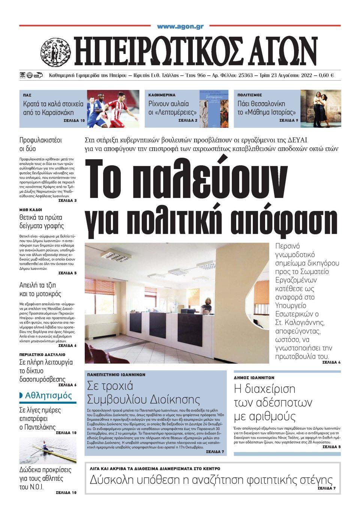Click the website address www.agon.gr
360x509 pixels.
180,27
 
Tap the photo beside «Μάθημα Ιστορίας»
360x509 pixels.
320,108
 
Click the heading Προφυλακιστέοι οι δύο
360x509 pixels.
40,144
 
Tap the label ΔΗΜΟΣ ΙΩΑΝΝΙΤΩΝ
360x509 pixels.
255,377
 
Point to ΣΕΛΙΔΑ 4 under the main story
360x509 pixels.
331,362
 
